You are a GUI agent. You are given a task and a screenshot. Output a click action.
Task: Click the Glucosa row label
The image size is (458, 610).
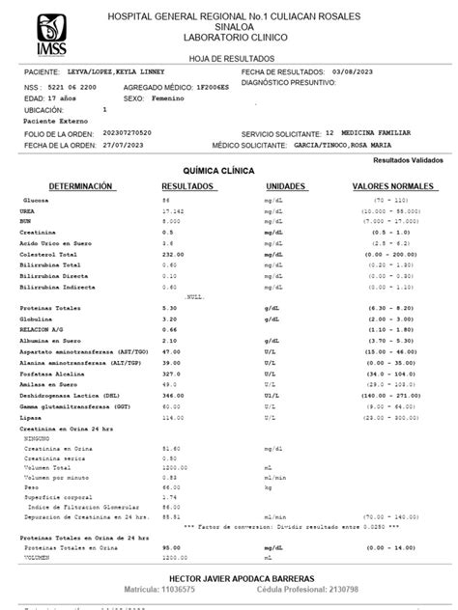[36, 199]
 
